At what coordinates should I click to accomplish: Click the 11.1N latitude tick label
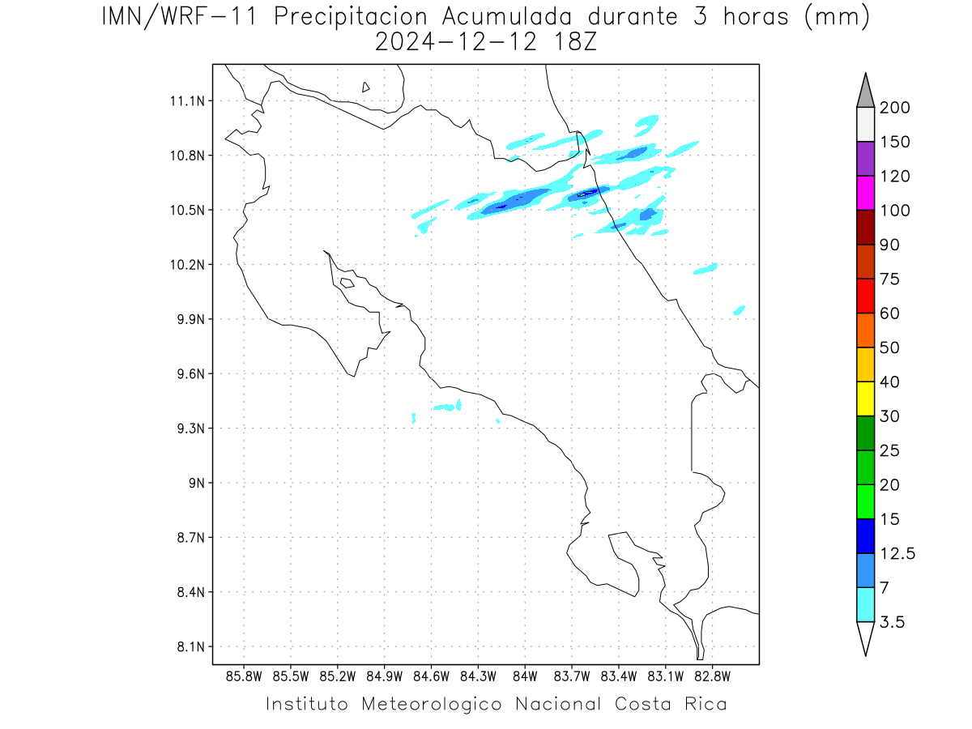(x=187, y=101)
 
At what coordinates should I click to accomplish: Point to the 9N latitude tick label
(x=197, y=483)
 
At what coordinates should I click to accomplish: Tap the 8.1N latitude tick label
(x=191, y=646)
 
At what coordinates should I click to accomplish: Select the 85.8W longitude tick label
(x=244, y=676)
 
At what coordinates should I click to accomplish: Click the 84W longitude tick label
(x=525, y=676)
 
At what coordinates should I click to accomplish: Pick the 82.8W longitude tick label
(x=713, y=676)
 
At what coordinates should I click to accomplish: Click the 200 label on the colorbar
(x=894, y=108)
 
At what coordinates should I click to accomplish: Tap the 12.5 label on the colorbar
(x=897, y=554)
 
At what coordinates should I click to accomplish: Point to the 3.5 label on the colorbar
(x=892, y=622)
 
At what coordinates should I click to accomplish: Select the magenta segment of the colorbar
(x=865, y=193)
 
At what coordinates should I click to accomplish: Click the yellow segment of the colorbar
(x=865, y=399)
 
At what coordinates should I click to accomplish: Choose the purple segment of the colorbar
(x=865, y=159)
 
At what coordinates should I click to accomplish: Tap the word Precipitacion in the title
(x=351, y=17)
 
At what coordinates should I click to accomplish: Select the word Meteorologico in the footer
(x=432, y=704)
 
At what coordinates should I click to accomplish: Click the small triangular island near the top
(x=365, y=87)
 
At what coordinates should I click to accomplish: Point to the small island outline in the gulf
(x=347, y=283)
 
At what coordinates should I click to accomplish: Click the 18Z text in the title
(x=575, y=42)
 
